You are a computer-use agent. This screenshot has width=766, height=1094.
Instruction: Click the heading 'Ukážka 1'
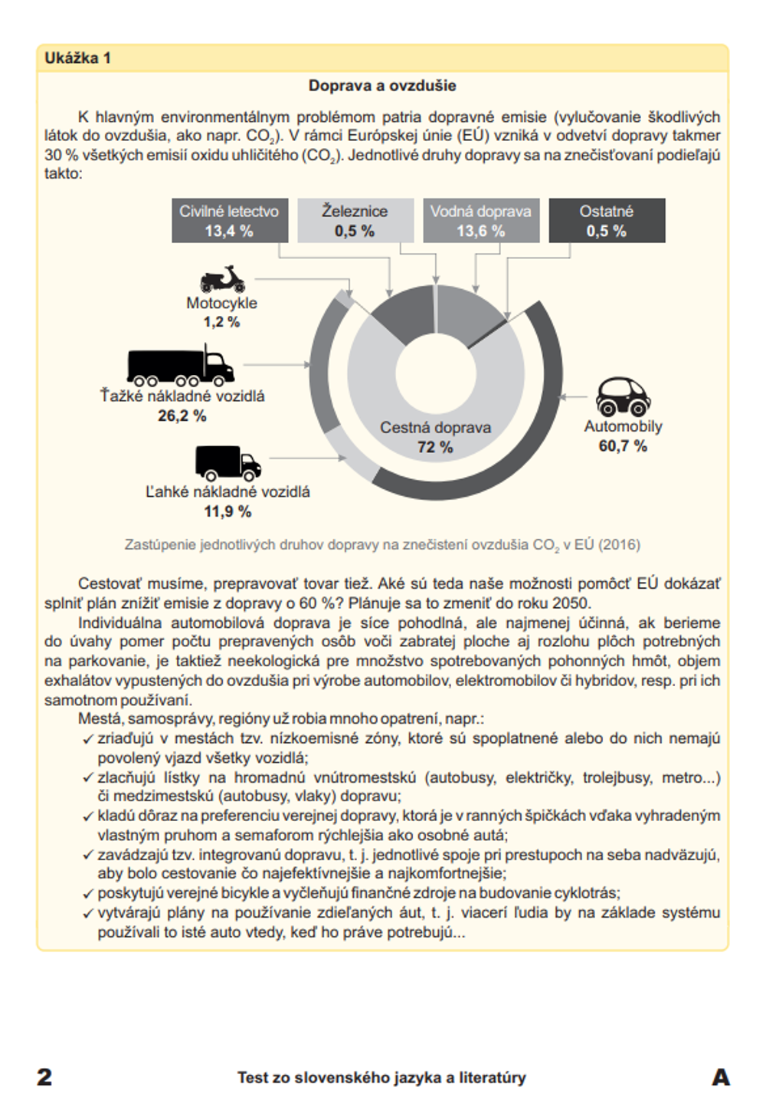(x=77, y=58)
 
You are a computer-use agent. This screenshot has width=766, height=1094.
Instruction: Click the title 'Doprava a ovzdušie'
(x=382, y=86)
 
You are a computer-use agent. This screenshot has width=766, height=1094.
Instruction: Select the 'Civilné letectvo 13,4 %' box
(x=229, y=221)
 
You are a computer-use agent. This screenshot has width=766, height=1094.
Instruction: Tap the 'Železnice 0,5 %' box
(x=355, y=221)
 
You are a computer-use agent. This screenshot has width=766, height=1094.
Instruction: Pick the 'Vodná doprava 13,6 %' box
(x=480, y=221)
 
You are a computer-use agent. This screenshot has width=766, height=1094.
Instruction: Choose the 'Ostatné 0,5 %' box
(x=606, y=221)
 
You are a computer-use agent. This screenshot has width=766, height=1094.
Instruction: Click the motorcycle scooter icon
(x=222, y=280)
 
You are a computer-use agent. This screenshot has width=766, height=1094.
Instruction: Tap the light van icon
(x=228, y=463)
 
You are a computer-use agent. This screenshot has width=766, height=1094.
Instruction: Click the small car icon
(x=623, y=396)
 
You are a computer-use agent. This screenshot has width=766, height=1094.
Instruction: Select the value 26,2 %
(x=182, y=416)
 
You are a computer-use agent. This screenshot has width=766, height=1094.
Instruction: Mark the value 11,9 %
(x=228, y=511)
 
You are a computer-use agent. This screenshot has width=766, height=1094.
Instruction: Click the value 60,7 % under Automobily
(x=623, y=446)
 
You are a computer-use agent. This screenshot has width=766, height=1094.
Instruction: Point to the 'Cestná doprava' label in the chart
(x=435, y=428)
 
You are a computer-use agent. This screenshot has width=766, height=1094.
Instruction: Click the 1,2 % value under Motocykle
(x=221, y=322)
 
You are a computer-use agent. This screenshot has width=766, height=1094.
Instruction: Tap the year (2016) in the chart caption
(x=619, y=545)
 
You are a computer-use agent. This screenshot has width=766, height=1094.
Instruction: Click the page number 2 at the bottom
(x=45, y=1076)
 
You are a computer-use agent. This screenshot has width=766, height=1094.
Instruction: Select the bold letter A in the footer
(x=721, y=1076)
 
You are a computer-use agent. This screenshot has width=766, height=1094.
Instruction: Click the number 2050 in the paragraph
(x=572, y=603)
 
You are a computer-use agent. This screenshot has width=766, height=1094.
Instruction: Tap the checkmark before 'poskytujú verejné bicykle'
(x=88, y=894)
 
